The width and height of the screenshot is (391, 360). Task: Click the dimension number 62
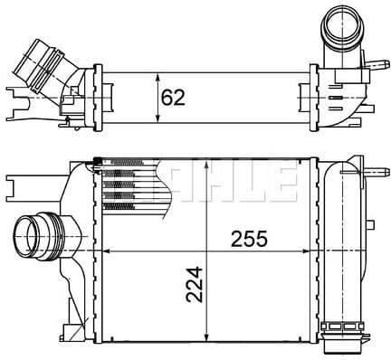point(173,98)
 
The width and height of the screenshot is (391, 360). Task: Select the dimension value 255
point(249,239)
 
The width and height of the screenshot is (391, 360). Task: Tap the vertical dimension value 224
point(195,284)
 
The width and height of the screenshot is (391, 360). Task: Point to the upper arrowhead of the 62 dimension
point(157,79)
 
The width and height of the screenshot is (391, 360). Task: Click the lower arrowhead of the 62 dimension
point(157,118)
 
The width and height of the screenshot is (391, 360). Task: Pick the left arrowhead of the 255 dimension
point(108,251)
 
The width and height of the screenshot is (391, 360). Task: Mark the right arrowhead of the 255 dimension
point(305,251)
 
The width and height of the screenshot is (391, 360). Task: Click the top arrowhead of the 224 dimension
point(206,166)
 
